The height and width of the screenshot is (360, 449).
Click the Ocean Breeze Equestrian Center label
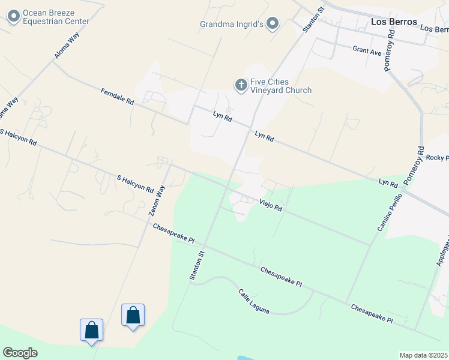(56, 17)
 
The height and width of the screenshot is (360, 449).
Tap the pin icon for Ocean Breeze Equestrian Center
(14, 17)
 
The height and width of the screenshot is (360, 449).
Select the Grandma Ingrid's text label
(232, 24)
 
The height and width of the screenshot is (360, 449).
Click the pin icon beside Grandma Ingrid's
(273, 24)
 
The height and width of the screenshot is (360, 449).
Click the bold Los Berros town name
(394, 22)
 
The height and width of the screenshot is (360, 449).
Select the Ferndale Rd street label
(117, 97)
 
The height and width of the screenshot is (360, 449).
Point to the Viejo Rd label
(271, 205)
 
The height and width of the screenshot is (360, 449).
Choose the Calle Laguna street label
(253, 301)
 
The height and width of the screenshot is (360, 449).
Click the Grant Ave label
(367, 52)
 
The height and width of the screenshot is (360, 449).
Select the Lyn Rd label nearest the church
(222, 115)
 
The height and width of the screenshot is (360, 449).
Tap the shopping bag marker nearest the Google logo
(91, 331)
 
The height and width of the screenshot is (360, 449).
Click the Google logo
(20, 353)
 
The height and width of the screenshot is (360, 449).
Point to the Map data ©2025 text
(423, 355)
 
